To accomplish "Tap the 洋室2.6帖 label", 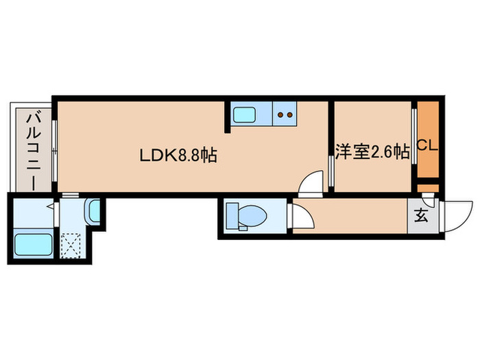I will [x=372, y=151].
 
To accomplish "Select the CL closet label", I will [x=427, y=145].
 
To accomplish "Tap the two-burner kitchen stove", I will [x=285, y=115].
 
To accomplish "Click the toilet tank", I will [x=230, y=217].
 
